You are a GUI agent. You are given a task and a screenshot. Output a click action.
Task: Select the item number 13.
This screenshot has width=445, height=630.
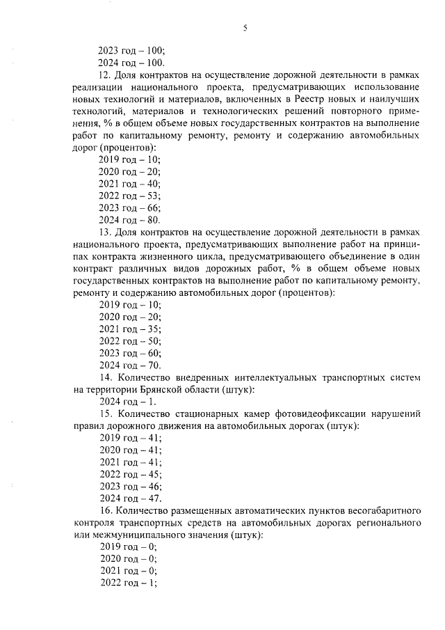click(105, 232)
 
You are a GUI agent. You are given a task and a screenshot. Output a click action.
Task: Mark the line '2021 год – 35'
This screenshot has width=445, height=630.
click(129, 329)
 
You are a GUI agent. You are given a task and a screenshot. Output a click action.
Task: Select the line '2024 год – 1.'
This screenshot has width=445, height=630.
click(128, 402)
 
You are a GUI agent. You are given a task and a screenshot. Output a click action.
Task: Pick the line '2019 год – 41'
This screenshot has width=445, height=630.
click(129, 438)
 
